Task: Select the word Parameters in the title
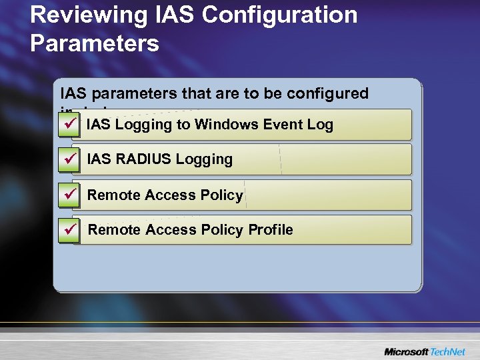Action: (95, 43)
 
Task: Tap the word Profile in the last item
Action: (271, 230)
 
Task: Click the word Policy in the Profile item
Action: (224, 230)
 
